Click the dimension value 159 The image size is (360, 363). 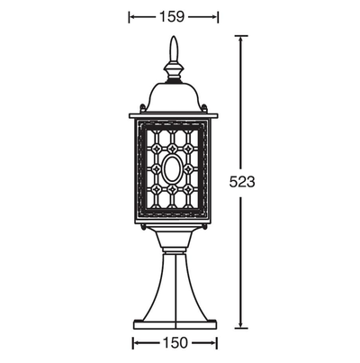pos(171,17)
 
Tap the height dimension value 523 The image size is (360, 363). pos(242,182)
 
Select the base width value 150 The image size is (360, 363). pos(175,342)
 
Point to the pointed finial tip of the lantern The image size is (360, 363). pos(174,37)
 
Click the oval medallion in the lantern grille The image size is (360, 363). pos(172,169)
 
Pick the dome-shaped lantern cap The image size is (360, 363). pos(174,97)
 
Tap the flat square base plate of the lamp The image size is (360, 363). pos(175,325)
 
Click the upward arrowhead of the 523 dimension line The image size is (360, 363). pos(240,40)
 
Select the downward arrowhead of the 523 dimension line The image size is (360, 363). pos(240,324)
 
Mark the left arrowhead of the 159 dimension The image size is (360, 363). pos(133,17)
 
